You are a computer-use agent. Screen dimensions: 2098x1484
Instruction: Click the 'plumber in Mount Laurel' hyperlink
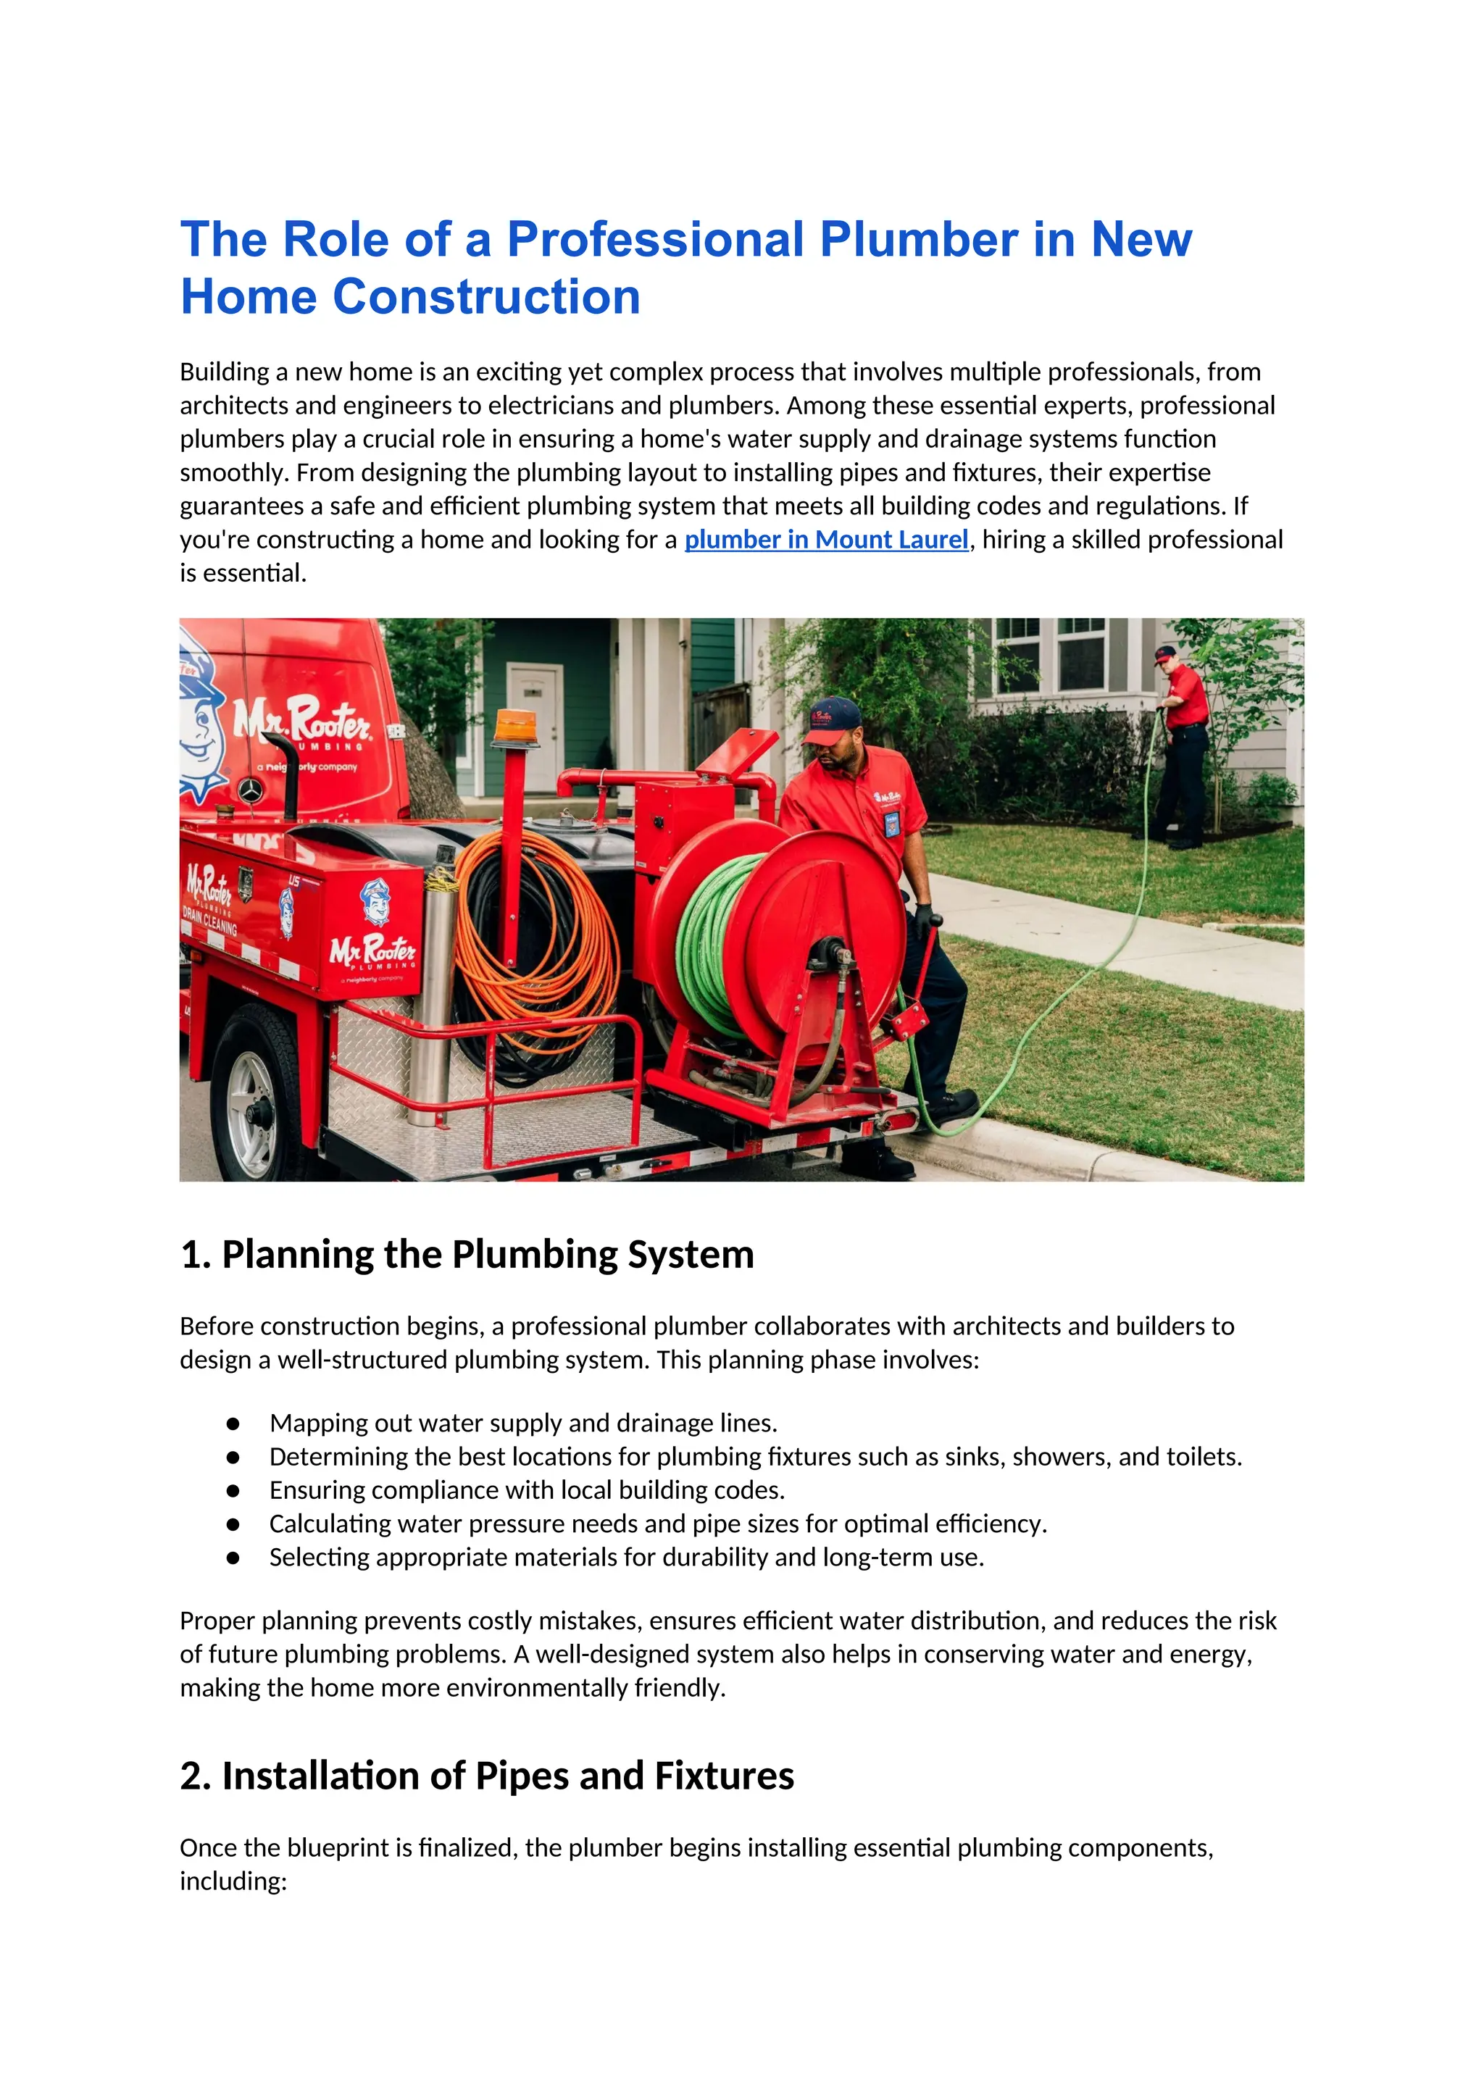(826, 540)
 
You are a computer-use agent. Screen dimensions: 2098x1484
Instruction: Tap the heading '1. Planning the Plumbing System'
(467, 1255)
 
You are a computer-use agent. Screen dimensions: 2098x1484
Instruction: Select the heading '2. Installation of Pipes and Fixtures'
(487, 1776)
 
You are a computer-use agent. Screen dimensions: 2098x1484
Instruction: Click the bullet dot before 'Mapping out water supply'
(233, 1424)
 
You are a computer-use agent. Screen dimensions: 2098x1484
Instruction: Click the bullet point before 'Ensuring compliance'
(233, 1490)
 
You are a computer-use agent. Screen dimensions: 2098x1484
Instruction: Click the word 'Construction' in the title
(486, 297)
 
